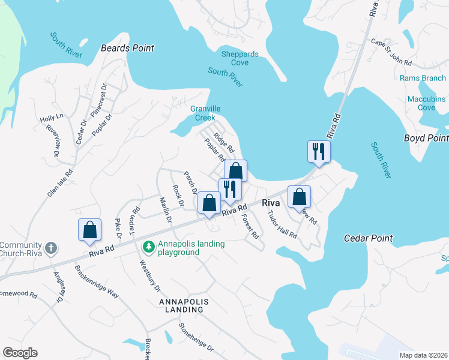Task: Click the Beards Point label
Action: (x=127, y=48)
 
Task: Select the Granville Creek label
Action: (x=205, y=113)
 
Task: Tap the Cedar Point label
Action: (x=368, y=238)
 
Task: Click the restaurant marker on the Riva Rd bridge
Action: (x=319, y=151)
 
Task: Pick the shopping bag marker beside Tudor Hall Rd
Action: (x=299, y=197)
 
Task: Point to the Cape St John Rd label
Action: (x=391, y=52)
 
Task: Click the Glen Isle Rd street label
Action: (x=60, y=182)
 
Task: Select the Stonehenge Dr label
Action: (x=196, y=337)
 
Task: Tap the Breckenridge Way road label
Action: (x=97, y=283)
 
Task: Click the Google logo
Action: (x=20, y=353)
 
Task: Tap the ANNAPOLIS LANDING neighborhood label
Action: (x=187, y=301)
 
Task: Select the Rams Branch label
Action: (x=423, y=78)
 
